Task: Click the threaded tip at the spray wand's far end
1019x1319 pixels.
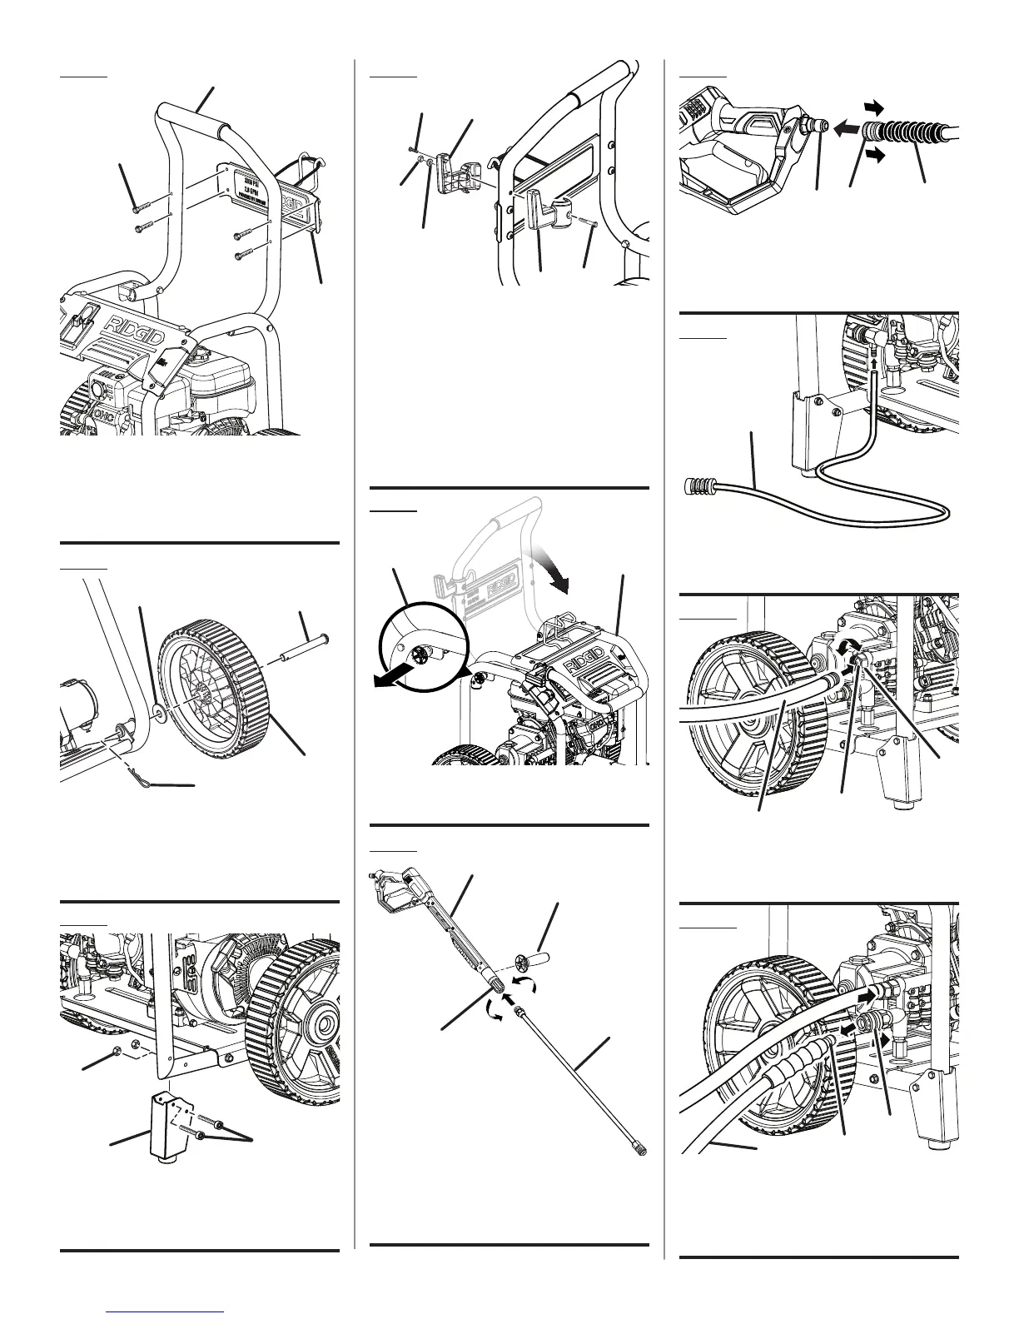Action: click(638, 1147)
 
